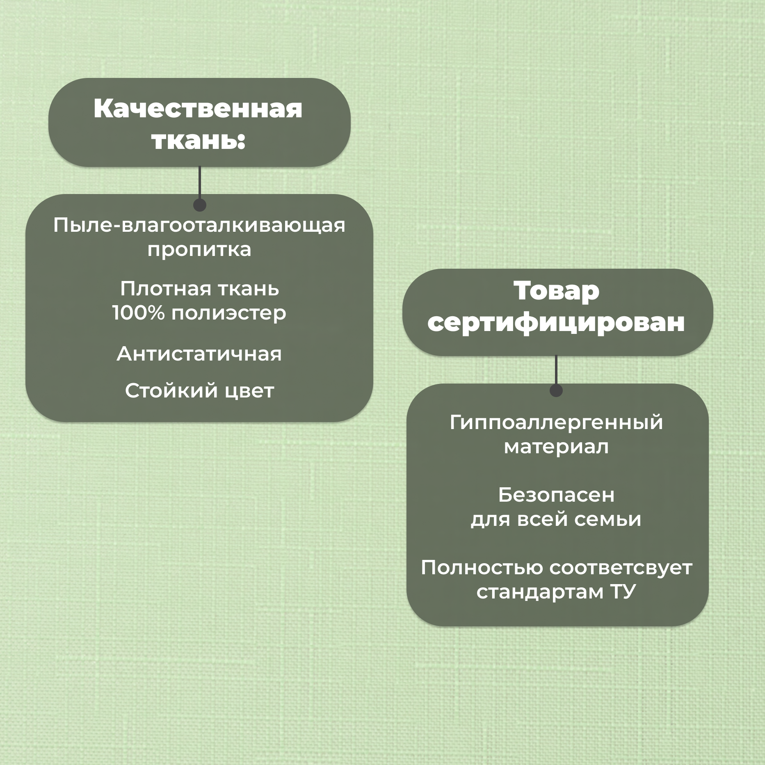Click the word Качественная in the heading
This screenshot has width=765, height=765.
(198, 109)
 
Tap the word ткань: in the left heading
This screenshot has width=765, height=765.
(198, 141)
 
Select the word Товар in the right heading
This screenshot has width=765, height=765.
(556, 291)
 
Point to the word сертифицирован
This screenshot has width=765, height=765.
(556, 322)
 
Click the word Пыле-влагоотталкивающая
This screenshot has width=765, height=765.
(199, 225)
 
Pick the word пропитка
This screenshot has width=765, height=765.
(199, 249)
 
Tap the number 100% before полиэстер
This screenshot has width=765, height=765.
(138, 313)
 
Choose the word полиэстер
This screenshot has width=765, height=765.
(228, 313)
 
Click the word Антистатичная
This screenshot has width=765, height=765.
(199, 354)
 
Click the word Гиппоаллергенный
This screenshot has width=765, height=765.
(556, 422)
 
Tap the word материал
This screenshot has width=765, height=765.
(556, 447)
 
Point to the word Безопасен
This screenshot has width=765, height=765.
(556, 495)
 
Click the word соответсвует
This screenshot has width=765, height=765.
(621, 568)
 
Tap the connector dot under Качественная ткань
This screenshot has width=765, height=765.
(199, 205)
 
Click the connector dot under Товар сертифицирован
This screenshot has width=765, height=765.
(556, 390)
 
